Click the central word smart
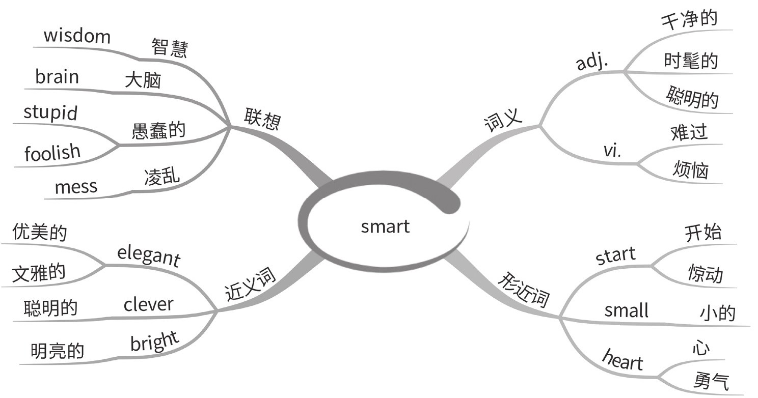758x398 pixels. [385, 226]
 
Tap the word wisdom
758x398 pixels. [77, 36]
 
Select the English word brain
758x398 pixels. [57, 77]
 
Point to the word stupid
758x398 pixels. [50, 112]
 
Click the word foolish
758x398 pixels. [52, 152]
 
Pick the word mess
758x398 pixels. [75, 187]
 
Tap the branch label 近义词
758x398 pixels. [250, 285]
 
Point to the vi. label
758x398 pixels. [612, 150]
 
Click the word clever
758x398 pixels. [148, 304]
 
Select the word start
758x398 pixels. [615, 255]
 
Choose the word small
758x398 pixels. [626, 309]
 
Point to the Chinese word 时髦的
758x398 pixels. [691, 61]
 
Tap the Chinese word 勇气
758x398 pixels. [711, 381]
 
